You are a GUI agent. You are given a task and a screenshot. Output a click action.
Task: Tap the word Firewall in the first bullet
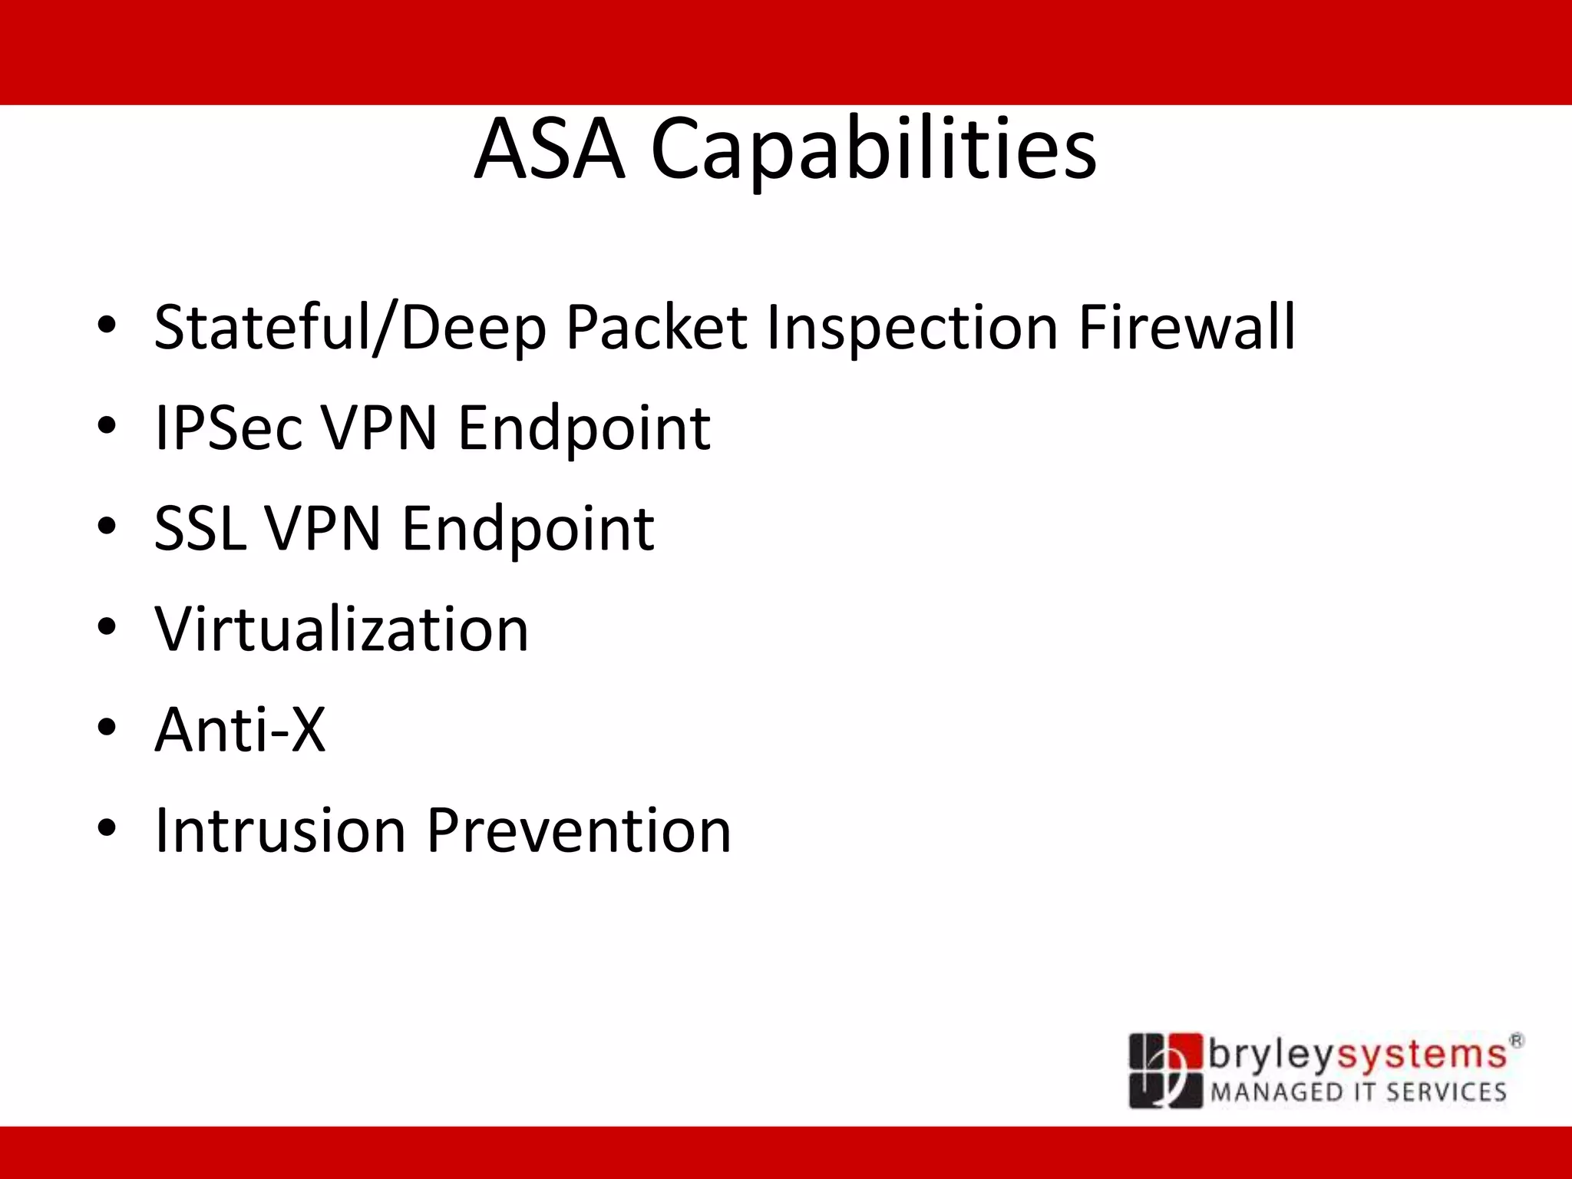coord(1187,327)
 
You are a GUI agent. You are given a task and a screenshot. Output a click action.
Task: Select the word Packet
coord(656,327)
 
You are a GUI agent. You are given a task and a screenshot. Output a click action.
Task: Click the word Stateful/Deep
coord(351,329)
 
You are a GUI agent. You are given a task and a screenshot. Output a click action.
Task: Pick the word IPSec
coord(229,428)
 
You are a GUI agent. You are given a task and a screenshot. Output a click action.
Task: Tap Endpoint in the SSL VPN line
coord(528,530)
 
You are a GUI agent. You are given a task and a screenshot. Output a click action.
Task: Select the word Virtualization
coord(342,629)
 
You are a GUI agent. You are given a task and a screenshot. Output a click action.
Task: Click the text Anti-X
coord(240,729)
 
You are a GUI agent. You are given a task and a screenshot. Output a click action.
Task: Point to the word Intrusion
coord(280,831)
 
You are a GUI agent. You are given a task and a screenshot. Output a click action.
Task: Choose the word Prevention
coord(579,831)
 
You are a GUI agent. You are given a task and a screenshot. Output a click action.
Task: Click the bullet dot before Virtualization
coord(107,627)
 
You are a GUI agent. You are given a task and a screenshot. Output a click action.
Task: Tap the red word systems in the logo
coord(1422,1055)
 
